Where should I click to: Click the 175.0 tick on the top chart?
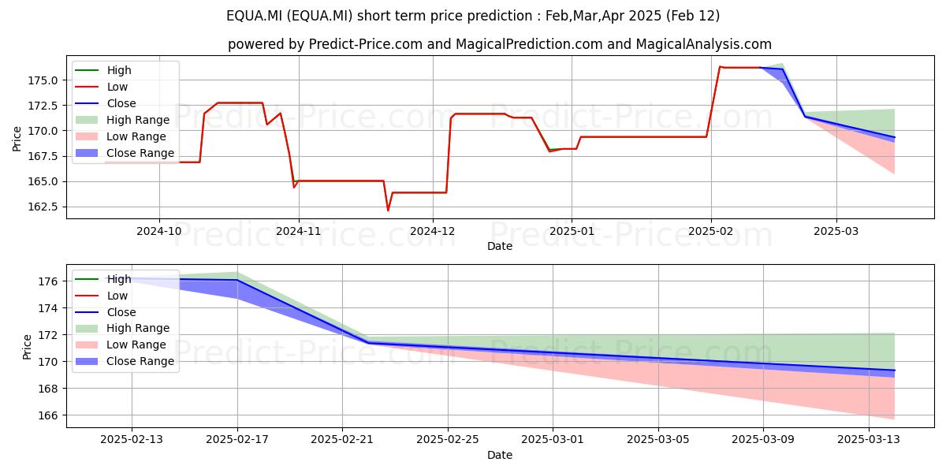pos(43,80)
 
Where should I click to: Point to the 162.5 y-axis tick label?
pos(43,207)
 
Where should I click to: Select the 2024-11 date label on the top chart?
pos(299,231)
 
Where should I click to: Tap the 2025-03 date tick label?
pos(836,231)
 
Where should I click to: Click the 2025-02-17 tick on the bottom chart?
pos(237,439)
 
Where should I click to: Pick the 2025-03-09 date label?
pos(763,439)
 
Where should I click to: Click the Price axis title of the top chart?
pos(17,139)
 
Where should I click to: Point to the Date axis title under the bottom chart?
pos(500,455)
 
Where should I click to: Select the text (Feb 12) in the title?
pos(693,16)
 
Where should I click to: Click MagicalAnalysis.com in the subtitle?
pos(703,44)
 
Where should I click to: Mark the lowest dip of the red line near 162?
pos(388,210)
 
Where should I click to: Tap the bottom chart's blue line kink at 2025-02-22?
pos(369,342)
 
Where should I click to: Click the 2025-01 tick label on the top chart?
pos(572,231)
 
